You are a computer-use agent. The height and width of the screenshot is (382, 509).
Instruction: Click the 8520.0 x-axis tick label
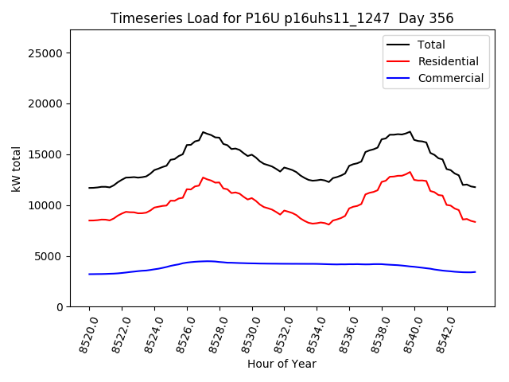click(83, 334)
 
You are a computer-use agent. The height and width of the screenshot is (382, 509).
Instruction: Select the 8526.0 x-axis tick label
click(181, 334)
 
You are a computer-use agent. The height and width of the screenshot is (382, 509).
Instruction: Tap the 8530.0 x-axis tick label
click(246, 334)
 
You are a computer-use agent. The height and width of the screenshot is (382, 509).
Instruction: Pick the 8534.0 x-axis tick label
click(310, 334)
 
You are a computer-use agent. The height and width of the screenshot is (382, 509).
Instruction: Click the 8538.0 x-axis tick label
click(375, 334)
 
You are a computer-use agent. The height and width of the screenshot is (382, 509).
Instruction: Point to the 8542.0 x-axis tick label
click(441, 334)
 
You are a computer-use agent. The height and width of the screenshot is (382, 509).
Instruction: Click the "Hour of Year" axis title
click(282, 364)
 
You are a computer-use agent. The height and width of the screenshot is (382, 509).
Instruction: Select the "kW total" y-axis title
click(16, 169)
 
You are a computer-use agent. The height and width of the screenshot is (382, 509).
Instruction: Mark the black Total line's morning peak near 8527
click(204, 132)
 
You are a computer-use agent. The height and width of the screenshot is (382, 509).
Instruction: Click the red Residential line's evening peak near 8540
click(410, 171)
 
